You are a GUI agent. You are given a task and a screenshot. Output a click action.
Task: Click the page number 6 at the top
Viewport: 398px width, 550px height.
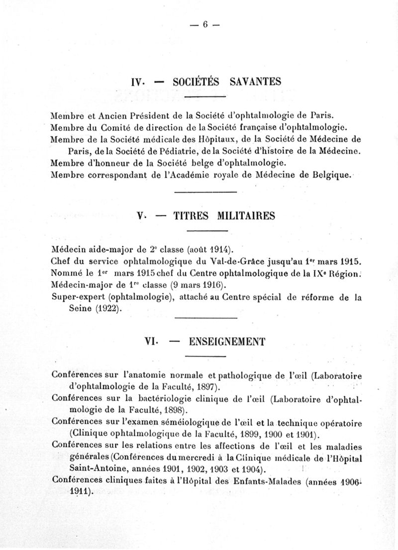pyautogui.click(x=204, y=26)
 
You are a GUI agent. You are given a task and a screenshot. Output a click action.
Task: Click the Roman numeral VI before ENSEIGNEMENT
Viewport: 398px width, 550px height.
pyautogui.click(x=150, y=342)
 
